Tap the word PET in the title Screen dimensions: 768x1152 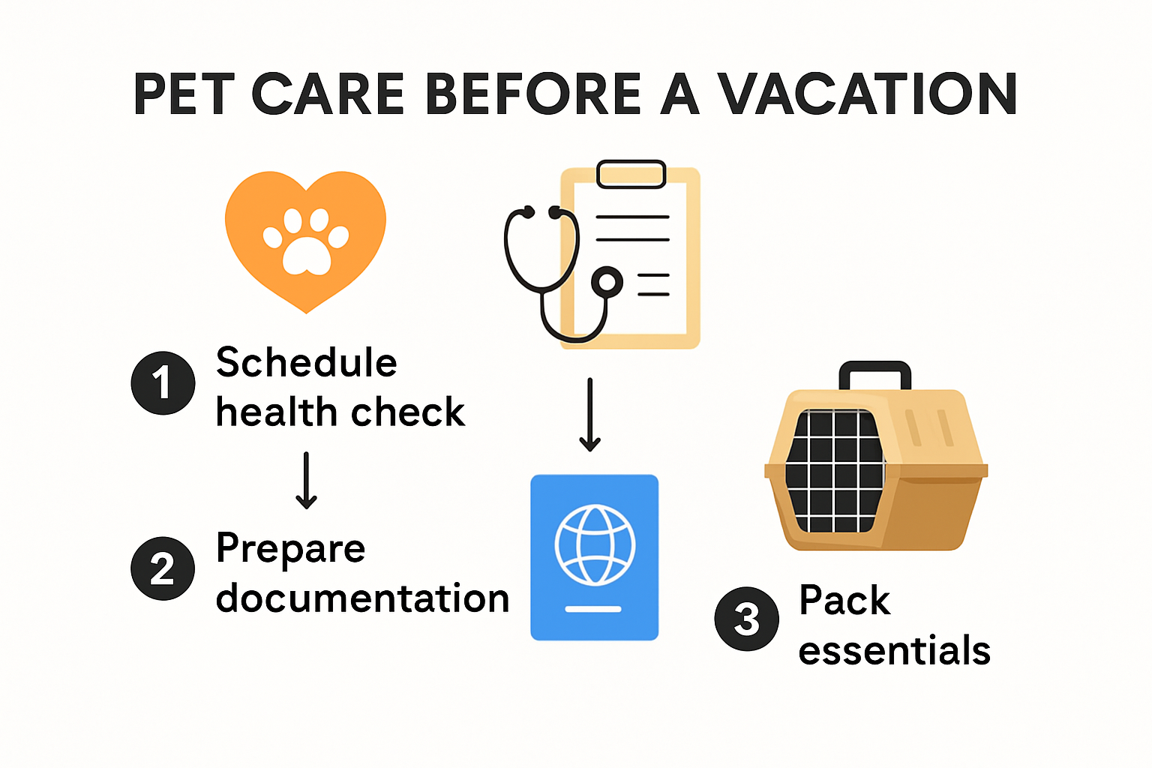click(184, 95)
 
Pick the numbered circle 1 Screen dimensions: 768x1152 click(163, 382)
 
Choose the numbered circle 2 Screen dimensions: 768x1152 click(163, 568)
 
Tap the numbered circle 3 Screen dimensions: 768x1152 click(746, 619)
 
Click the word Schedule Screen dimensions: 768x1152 click(306, 363)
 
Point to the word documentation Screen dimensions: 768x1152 click(362, 598)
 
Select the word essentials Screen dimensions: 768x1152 click(894, 650)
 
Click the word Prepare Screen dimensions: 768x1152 click(290, 549)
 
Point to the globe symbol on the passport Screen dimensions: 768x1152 click(595, 545)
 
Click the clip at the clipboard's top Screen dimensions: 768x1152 click(631, 174)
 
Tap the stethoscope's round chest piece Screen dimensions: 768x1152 click(607, 283)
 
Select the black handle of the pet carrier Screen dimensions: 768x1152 click(874, 373)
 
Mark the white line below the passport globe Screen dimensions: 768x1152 click(593, 609)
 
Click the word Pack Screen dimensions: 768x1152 click(844, 601)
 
